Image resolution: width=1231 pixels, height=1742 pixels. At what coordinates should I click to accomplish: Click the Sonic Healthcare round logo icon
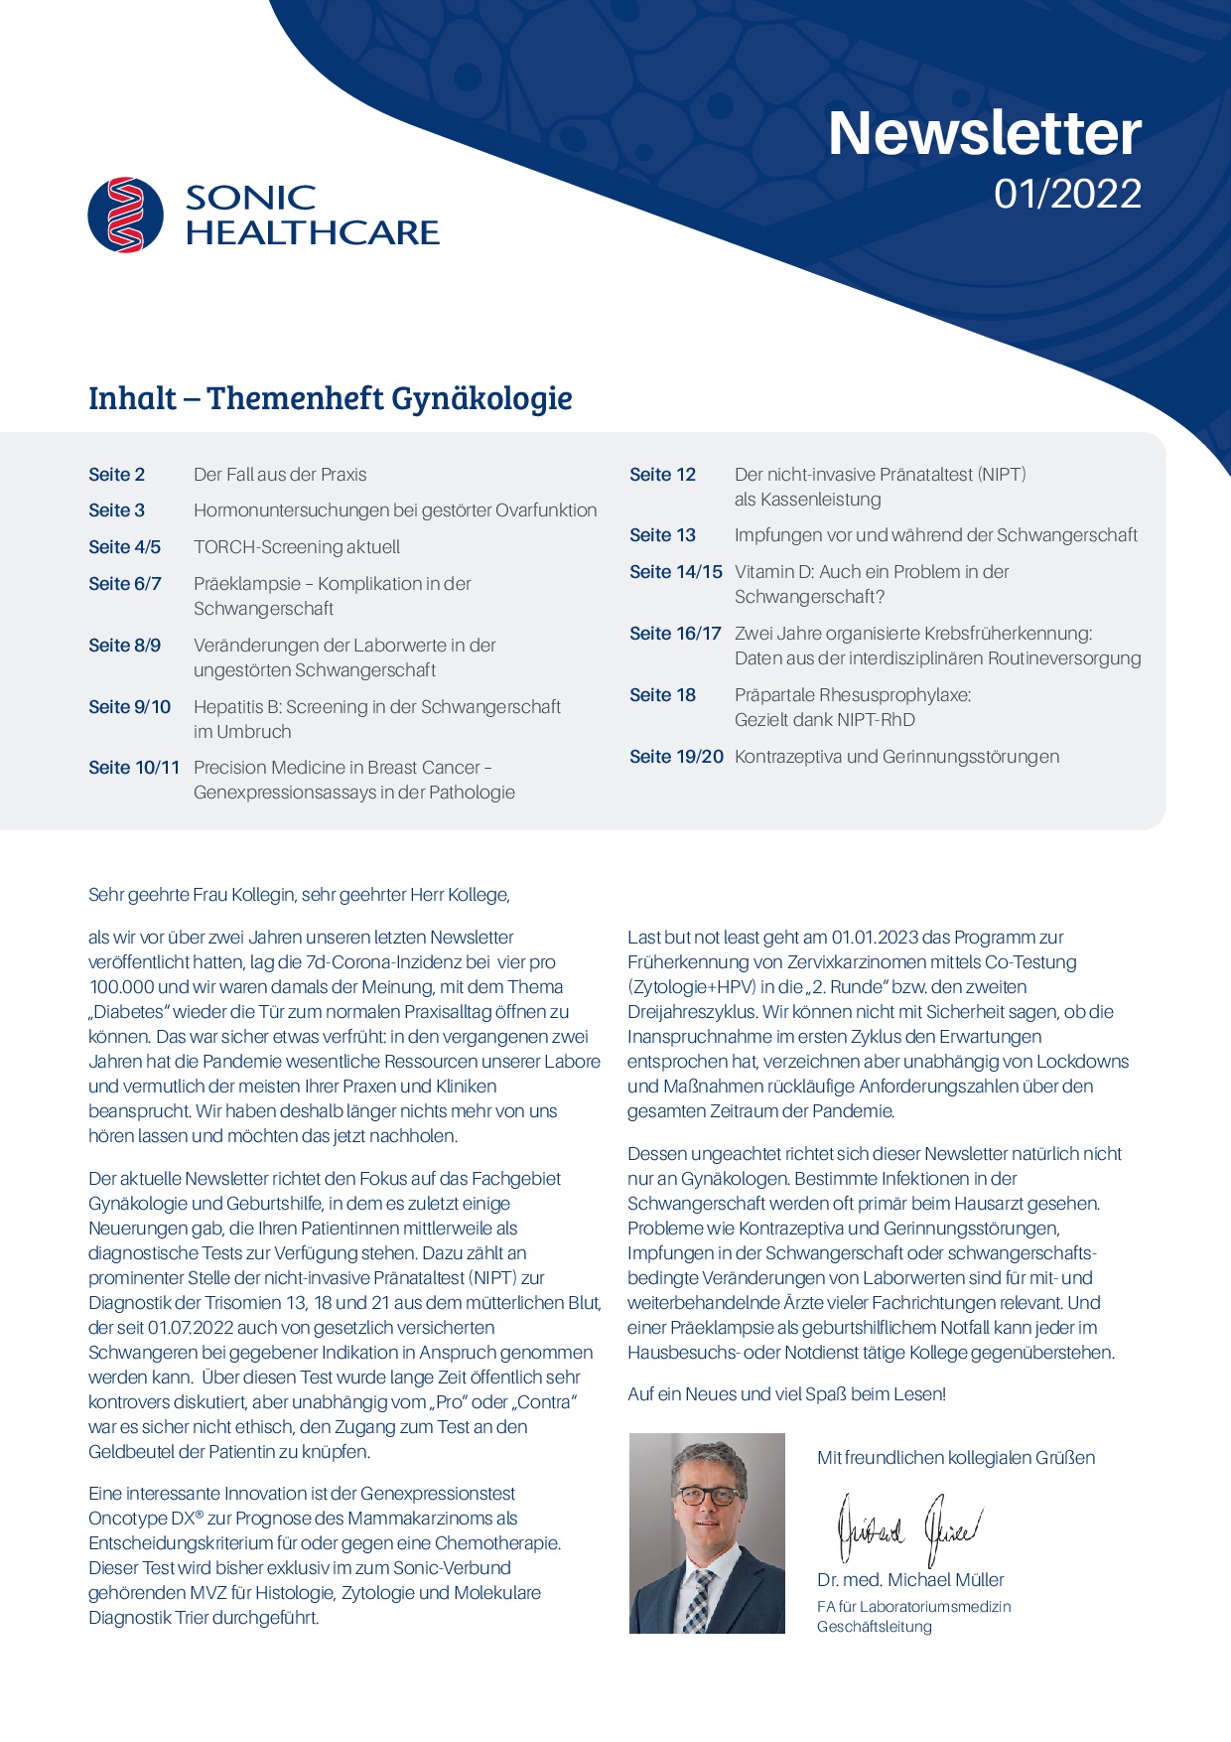point(125,215)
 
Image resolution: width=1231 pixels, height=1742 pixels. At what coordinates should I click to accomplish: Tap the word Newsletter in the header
point(984,133)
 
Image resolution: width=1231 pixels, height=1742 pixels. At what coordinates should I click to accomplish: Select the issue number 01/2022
point(1067,194)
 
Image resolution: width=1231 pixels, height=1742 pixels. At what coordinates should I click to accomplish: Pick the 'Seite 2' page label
point(116,475)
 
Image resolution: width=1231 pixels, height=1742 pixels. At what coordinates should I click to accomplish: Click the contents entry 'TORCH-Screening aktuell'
point(297,547)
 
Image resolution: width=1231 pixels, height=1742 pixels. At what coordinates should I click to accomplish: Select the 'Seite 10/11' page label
point(134,768)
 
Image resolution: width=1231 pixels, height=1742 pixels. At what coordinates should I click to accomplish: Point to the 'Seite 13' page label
point(662,535)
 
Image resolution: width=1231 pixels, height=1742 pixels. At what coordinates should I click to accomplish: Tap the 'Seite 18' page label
point(662,695)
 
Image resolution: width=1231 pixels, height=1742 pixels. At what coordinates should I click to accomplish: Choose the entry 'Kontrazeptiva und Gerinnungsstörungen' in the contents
point(896,757)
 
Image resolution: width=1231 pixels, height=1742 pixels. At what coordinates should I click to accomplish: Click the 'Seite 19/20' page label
point(676,757)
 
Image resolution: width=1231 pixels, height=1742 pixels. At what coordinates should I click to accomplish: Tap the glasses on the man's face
point(708,1495)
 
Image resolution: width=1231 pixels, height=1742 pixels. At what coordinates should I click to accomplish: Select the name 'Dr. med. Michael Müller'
point(910,1580)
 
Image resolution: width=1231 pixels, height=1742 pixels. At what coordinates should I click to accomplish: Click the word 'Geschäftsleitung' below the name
point(874,1627)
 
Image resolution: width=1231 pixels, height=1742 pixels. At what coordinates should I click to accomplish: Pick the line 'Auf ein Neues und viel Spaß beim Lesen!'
point(786,1394)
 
